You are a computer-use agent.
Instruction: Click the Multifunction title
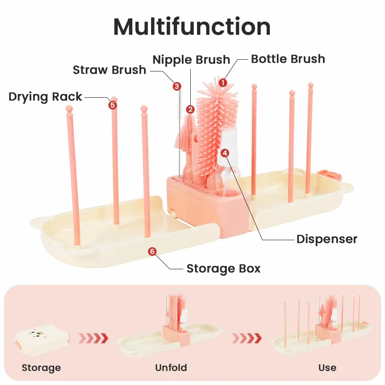tap(192, 27)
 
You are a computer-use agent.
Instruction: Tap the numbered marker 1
tap(223, 82)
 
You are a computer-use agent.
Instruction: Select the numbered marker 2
tap(190, 109)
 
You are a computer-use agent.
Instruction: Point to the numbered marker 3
tap(177, 86)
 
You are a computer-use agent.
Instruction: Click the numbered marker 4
tap(224, 153)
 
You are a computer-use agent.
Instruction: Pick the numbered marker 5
tap(113, 105)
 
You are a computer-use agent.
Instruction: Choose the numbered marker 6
tap(152, 251)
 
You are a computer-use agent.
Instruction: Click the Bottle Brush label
tap(288, 59)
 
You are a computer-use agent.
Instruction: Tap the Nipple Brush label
tap(191, 60)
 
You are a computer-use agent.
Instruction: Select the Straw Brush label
tap(109, 70)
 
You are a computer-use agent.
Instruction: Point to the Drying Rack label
tap(45, 97)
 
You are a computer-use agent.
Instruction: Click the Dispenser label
tap(327, 239)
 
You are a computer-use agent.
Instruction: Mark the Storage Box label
tap(223, 268)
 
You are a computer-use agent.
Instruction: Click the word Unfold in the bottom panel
tap(171, 368)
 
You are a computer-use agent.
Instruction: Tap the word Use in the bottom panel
tap(327, 368)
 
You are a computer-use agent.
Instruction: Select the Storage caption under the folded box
tap(41, 368)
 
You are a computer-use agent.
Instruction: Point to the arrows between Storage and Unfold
tap(93, 338)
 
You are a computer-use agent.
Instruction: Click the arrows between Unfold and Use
tap(247, 338)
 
